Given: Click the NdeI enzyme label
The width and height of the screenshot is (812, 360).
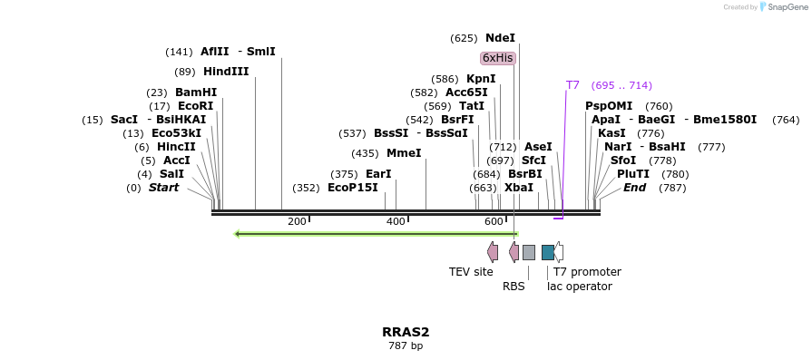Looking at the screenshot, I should (500, 38).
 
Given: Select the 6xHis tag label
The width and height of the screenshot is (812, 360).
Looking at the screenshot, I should (498, 58).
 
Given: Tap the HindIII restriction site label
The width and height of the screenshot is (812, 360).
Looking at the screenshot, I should (226, 72).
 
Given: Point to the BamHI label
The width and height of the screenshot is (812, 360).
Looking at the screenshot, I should (196, 92).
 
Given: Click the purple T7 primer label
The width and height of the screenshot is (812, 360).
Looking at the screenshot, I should (572, 85).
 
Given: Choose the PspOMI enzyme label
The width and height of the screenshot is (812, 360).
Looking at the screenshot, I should (609, 106).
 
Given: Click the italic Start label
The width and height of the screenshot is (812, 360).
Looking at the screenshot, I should (163, 188).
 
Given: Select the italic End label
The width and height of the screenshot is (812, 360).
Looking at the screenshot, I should (634, 188).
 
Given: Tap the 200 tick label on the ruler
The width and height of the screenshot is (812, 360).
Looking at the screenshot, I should (297, 222).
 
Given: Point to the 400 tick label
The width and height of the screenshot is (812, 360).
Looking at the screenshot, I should (396, 222).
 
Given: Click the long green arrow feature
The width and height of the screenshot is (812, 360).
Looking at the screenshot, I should (376, 234).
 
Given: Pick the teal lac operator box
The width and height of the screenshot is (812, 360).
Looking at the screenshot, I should (548, 252).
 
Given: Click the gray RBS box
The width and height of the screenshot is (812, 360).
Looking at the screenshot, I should (529, 252).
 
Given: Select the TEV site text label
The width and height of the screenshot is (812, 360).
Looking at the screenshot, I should (471, 271).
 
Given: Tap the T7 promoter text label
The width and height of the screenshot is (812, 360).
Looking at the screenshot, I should (587, 271).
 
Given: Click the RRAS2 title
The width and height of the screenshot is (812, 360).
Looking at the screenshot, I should (406, 332).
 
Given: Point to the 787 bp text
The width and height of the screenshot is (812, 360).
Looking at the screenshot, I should (406, 345).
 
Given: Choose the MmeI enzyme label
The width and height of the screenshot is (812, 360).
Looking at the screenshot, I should (404, 153).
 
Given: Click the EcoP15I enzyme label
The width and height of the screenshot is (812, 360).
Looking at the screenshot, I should (352, 188).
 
